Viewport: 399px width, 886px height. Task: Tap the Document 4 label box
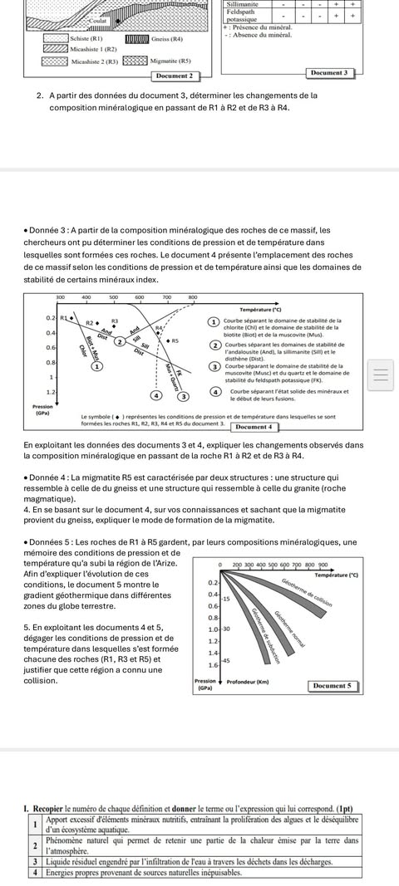[x=255, y=427]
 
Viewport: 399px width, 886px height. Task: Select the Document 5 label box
[x=334, y=687]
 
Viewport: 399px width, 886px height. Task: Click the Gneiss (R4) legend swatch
[x=136, y=39]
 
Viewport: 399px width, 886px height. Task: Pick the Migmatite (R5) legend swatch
[x=136, y=61]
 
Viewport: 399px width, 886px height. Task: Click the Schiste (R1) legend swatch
[x=56, y=39]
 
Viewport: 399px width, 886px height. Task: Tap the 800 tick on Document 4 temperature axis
[x=193, y=296]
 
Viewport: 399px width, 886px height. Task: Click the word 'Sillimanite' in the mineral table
[x=242, y=4]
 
